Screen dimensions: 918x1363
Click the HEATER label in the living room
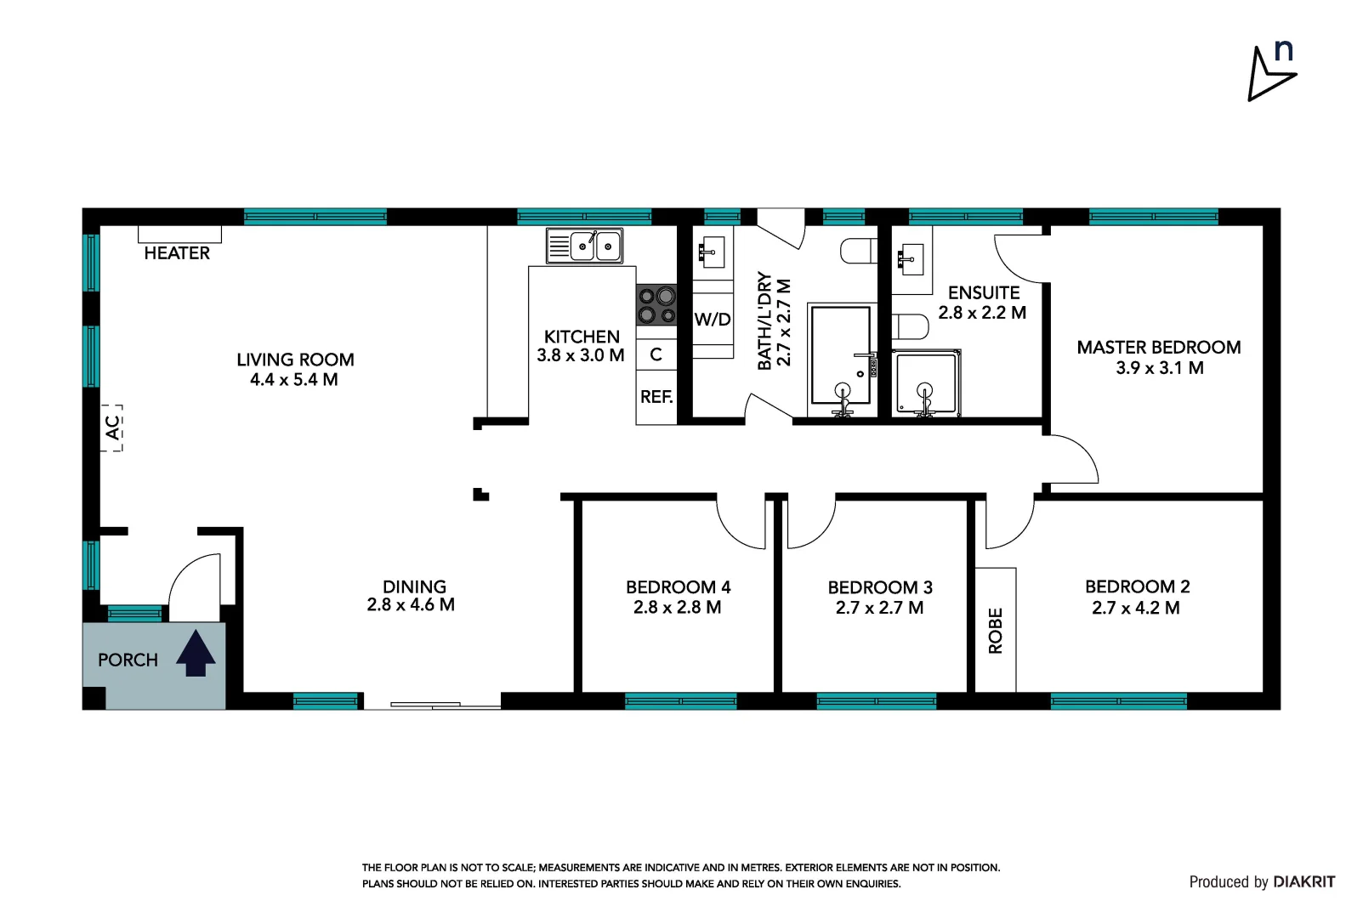pyautogui.click(x=177, y=253)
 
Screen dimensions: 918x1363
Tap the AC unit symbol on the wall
pyautogui.click(x=113, y=428)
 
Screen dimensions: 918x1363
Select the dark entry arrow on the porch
pyautogui.click(x=196, y=653)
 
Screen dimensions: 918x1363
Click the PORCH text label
pyautogui.click(x=128, y=660)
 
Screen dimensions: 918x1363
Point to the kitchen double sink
pyautogui.click(x=585, y=246)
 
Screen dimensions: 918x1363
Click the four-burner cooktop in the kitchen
pyautogui.click(x=656, y=305)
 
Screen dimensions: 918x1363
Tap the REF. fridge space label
pyautogui.click(x=656, y=397)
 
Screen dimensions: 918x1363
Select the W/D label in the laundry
pyautogui.click(x=713, y=320)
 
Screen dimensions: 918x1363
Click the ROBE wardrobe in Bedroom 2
pyautogui.click(x=996, y=630)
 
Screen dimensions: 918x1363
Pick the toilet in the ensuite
pyautogui.click(x=911, y=326)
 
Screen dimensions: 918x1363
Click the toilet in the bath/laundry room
pyautogui.click(x=859, y=252)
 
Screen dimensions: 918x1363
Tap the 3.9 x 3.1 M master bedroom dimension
pyautogui.click(x=1159, y=368)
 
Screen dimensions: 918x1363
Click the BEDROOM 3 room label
pyautogui.click(x=880, y=587)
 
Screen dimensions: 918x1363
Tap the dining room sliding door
pyautogui.click(x=432, y=704)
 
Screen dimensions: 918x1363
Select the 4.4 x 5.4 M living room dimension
pyautogui.click(x=294, y=380)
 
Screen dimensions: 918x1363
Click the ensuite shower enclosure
pyautogui.click(x=926, y=384)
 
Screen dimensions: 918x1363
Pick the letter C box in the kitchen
pyautogui.click(x=656, y=354)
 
